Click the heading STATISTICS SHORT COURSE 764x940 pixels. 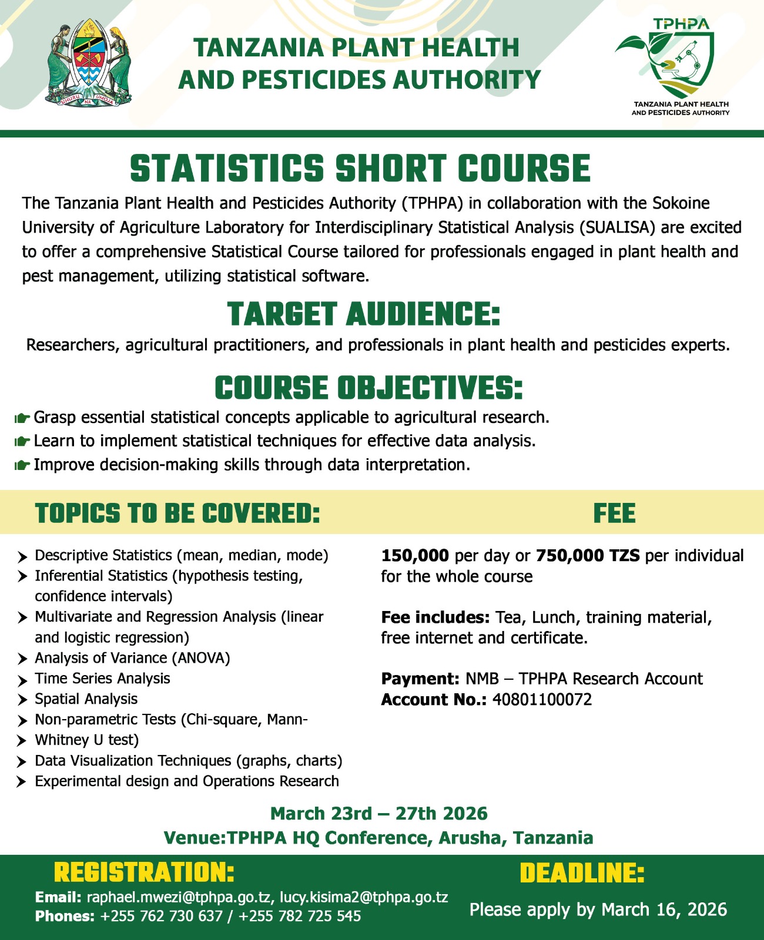pos(360,168)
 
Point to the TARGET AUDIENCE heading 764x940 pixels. pos(363,314)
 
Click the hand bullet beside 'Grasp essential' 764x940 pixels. pos(22,418)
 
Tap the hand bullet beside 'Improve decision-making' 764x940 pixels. pos(22,466)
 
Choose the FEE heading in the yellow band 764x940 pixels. pos(614,513)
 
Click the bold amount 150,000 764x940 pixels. pos(415,555)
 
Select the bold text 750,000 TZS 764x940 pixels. pos(588,555)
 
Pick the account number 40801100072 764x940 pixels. pos(542,700)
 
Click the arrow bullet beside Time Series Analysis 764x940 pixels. pos(22,680)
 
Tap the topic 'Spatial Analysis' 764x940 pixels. pos(86,699)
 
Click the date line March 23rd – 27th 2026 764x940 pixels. pos(378,814)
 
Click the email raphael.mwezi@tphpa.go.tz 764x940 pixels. pos(179,897)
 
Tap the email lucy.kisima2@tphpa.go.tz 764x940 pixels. pos(364,897)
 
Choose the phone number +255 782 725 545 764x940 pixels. pos(300,916)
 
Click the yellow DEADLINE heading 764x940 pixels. pos(582,874)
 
